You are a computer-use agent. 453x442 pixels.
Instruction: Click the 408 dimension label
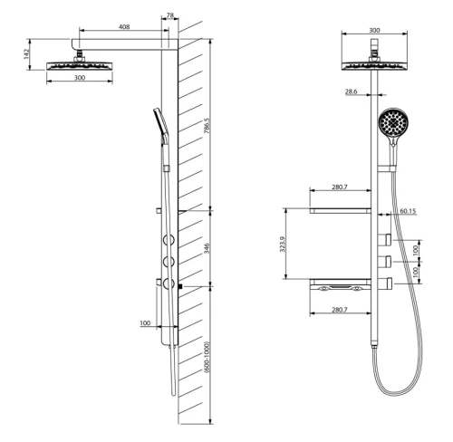pyautogui.click(x=124, y=27)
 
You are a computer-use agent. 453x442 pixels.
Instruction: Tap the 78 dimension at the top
pyautogui.click(x=170, y=15)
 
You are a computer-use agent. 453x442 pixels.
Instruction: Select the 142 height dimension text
pyautogui.click(x=27, y=54)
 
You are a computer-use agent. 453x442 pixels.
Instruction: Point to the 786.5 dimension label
pyautogui.click(x=207, y=126)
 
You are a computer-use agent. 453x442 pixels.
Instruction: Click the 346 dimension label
pyautogui.click(x=207, y=248)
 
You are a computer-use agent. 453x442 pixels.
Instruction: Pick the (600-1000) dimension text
pyautogui.click(x=207, y=358)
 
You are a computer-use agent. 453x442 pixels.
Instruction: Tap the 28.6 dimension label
pyautogui.click(x=352, y=91)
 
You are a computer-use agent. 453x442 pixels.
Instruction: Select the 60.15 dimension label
pyautogui.click(x=408, y=211)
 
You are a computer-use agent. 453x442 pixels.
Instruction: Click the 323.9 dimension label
pyautogui.click(x=283, y=244)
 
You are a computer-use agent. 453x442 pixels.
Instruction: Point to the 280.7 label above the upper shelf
pyautogui.click(x=340, y=187)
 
